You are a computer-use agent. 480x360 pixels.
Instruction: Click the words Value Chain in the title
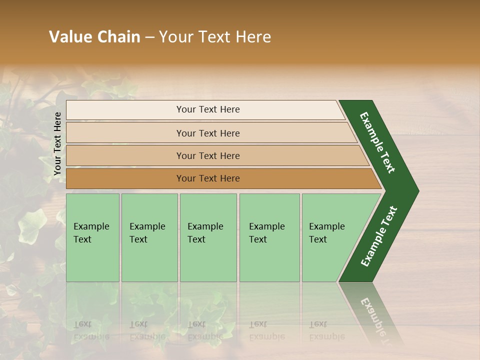point(94,37)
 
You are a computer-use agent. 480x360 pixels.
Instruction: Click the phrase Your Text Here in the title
point(215,37)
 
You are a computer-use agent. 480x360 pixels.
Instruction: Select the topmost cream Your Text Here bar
point(207,109)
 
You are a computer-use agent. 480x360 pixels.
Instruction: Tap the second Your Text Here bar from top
point(207,133)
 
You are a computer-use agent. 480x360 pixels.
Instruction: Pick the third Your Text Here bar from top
point(207,155)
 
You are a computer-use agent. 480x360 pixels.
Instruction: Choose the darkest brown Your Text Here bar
point(207,178)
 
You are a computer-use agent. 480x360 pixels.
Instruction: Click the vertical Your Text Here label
point(57,143)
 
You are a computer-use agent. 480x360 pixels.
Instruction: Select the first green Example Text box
point(92,237)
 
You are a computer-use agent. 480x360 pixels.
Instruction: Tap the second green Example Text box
point(149,237)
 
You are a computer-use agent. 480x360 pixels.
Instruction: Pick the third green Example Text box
point(207,237)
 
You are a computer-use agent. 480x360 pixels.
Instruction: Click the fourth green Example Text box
point(269,237)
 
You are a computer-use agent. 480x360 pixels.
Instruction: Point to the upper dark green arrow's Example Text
point(377,142)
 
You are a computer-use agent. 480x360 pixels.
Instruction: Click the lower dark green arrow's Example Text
point(378,236)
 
